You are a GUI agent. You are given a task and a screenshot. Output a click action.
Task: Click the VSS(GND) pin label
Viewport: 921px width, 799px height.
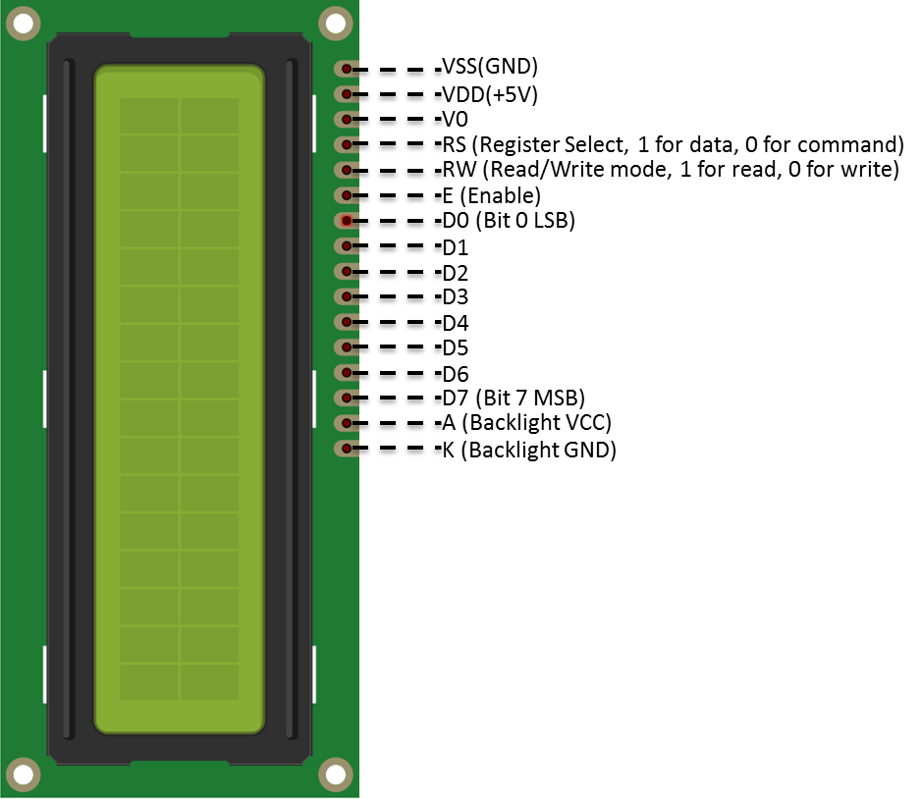click(490, 67)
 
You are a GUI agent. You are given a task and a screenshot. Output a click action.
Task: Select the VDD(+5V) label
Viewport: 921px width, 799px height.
click(490, 94)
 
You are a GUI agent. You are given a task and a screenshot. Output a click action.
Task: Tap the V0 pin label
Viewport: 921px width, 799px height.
click(456, 119)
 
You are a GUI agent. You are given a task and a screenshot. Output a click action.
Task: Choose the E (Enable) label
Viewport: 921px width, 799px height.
click(492, 195)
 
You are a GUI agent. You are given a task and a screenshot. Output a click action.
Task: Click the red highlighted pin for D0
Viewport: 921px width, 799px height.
click(347, 221)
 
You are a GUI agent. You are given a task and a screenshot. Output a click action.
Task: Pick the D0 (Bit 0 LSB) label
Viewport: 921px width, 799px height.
click(509, 221)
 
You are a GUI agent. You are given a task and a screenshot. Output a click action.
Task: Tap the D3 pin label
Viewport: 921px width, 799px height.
click(456, 297)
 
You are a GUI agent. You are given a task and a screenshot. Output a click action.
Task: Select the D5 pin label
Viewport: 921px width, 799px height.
click(456, 347)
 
